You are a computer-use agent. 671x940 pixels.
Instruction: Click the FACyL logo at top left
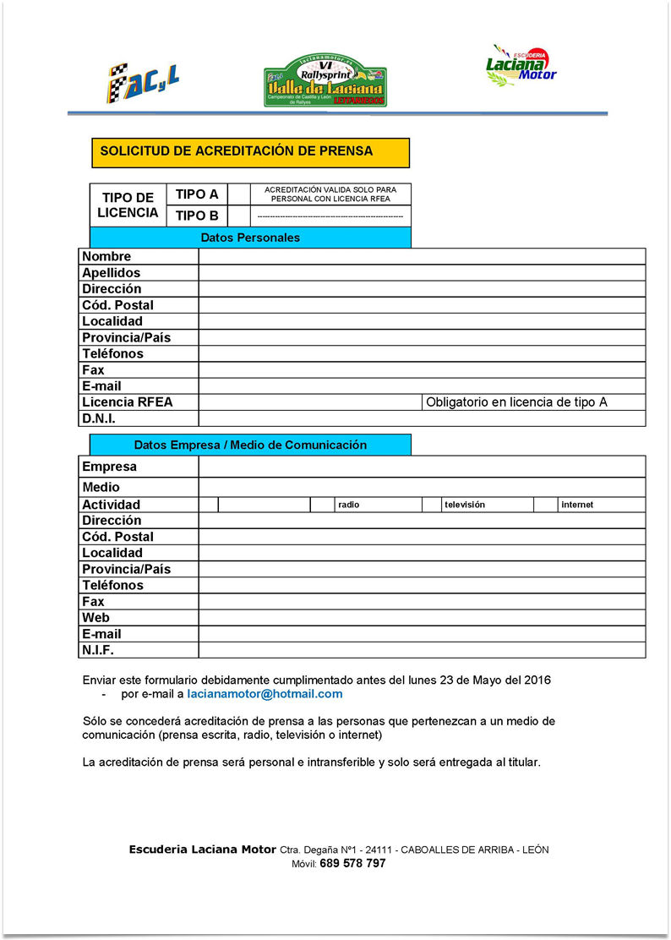(x=142, y=81)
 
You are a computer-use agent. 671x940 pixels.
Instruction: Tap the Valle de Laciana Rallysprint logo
(x=325, y=82)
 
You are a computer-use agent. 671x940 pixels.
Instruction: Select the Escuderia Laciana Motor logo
(x=521, y=66)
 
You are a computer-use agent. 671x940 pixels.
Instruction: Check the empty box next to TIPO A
(x=240, y=194)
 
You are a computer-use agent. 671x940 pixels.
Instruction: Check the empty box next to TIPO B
(x=240, y=216)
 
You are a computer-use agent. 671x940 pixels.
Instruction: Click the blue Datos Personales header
(x=250, y=238)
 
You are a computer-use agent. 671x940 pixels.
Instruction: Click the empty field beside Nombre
(x=422, y=257)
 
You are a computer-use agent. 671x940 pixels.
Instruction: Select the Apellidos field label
(x=112, y=273)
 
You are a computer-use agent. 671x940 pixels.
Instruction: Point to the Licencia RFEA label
(x=127, y=402)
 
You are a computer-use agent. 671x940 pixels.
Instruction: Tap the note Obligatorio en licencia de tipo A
(x=516, y=402)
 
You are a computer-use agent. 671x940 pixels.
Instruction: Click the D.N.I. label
(x=99, y=418)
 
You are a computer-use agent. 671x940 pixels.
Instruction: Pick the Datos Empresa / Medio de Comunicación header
(x=250, y=445)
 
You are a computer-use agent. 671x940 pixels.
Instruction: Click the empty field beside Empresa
(x=422, y=467)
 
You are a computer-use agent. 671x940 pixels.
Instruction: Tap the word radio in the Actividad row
(x=348, y=505)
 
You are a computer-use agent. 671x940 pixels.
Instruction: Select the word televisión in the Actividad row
(x=465, y=505)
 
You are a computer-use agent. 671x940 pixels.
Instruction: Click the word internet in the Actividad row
(x=577, y=505)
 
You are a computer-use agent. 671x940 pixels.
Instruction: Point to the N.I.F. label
(x=98, y=650)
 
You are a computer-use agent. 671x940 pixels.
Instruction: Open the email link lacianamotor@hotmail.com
(x=265, y=694)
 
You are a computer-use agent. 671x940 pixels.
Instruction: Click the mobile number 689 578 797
(x=352, y=864)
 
